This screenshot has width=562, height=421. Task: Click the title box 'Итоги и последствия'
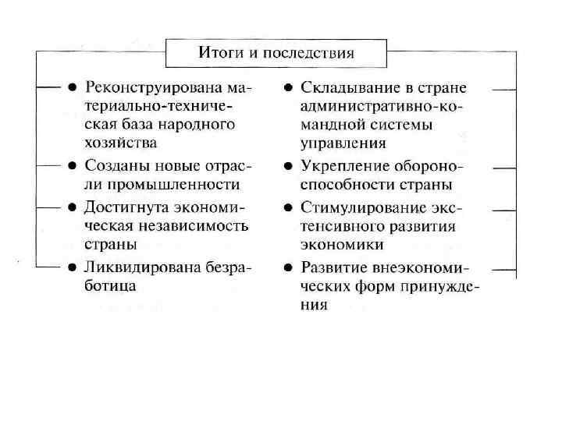tap(276, 54)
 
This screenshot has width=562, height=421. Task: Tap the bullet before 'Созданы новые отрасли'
tap(71, 165)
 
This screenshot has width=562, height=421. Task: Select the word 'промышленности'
tap(184, 185)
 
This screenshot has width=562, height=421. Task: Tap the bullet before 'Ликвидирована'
tap(71, 267)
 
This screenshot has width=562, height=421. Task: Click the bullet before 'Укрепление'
tap(287, 166)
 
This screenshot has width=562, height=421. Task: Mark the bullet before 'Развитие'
tap(287, 267)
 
